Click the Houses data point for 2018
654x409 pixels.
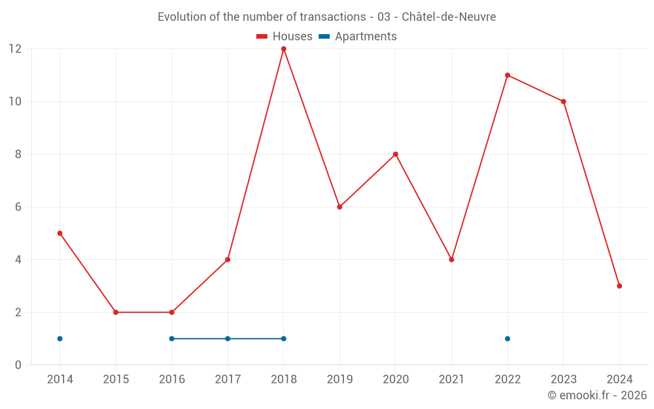(x=283, y=49)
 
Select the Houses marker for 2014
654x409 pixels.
(x=60, y=233)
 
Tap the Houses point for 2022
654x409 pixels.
(x=508, y=75)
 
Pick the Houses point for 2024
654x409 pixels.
(x=619, y=286)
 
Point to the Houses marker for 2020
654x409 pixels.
(x=396, y=154)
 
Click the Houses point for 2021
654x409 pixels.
(x=451, y=260)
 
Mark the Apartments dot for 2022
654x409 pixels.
(x=508, y=338)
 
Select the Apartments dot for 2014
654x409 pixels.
(x=60, y=338)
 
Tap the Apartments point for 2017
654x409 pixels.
(x=228, y=338)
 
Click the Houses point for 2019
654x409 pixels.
(x=339, y=207)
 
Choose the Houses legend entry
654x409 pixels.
(x=284, y=37)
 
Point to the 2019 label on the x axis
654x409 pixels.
(x=339, y=380)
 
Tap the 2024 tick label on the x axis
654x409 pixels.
(x=619, y=380)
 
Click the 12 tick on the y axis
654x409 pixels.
(x=15, y=49)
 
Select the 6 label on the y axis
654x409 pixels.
(x=18, y=207)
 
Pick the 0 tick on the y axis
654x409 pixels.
(x=18, y=365)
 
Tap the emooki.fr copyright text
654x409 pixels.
(x=597, y=395)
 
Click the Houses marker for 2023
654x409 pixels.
(x=563, y=101)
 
